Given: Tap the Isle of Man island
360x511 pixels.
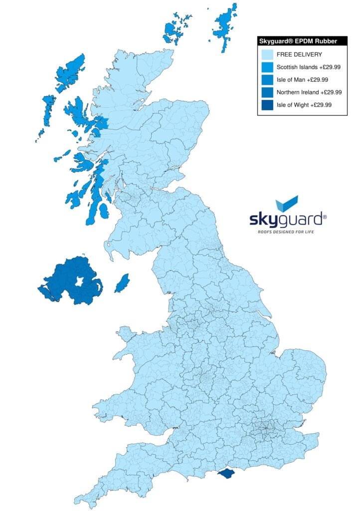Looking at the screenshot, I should click(122, 283).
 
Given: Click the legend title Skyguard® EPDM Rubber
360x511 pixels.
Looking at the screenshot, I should click(302, 41).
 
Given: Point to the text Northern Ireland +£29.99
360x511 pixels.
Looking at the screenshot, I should click(309, 92).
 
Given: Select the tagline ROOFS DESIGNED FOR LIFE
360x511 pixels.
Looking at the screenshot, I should click(286, 232).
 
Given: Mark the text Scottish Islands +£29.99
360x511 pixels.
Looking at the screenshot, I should click(309, 67).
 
